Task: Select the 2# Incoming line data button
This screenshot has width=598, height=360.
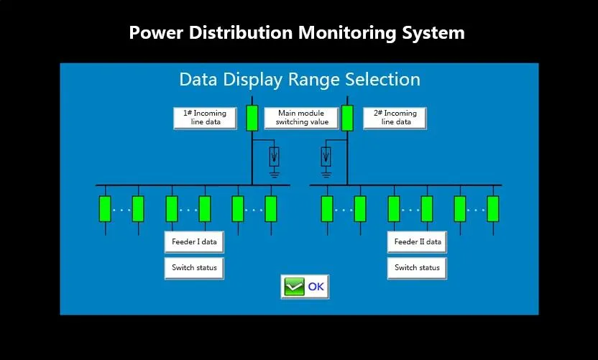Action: pyautogui.click(x=394, y=118)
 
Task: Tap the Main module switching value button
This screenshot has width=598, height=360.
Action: pyautogui.click(x=301, y=118)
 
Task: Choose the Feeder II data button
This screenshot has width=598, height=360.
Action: pyautogui.click(x=417, y=242)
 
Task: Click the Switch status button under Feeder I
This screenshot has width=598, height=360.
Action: pyautogui.click(x=194, y=268)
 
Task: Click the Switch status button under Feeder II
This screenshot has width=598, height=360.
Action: pyautogui.click(x=417, y=268)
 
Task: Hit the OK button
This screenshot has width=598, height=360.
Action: pyautogui.click(x=305, y=287)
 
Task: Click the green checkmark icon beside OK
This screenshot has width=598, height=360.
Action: pyautogui.click(x=295, y=287)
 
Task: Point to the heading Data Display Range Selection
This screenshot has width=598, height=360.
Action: pyautogui.click(x=299, y=79)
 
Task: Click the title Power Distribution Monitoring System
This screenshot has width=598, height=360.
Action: pyautogui.click(x=296, y=32)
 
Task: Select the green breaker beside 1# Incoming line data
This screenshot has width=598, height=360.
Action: pyautogui.click(x=252, y=118)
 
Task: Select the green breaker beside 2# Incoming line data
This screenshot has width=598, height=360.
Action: pyautogui.click(x=347, y=118)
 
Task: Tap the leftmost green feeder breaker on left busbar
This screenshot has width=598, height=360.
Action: pyautogui.click(x=105, y=208)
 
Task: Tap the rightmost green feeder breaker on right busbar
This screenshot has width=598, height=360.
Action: pyautogui.click(x=492, y=208)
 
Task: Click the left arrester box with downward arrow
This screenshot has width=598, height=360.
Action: pyautogui.click(x=274, y=155)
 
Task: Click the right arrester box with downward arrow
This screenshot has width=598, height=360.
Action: pyautogui.click(x=326, y=155)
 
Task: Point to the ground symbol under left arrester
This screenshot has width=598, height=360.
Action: pyautogui.click(x=274, y=172)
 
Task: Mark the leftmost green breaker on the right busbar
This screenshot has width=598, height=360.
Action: pyautogui.click(x=327, y=208)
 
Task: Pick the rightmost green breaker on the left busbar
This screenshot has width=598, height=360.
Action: pyautogui.click(x=271, y=208)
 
